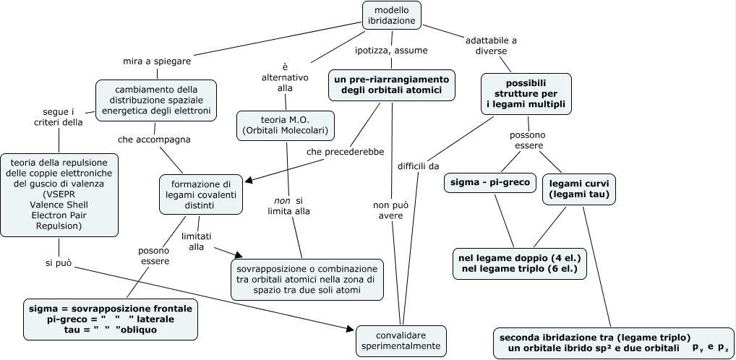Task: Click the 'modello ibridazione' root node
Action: click(x=391, y=16)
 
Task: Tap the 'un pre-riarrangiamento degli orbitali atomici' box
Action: click(x=391, y=85)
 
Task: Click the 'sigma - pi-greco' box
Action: click(x=489, y=182)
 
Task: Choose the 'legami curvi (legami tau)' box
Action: click(x=578, y=188)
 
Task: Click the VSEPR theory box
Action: click(x=59, y=194)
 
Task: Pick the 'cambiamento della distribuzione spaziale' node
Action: click(x=156, y=99)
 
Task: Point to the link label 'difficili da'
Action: click(x=418, y=166)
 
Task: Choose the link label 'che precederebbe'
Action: click(x=345, y=151)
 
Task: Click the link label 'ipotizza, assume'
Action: click(x=391, y=51)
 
